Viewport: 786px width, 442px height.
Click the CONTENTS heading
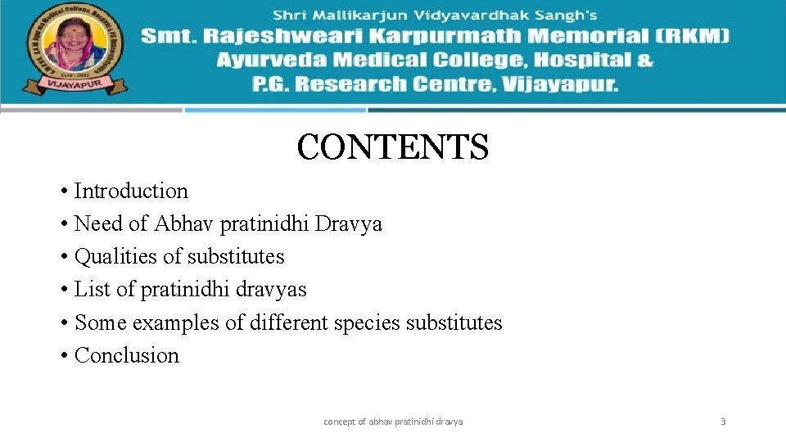(392, 148)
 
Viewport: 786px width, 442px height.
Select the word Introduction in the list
(131, 192)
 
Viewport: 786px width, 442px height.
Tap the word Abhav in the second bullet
(183, 224)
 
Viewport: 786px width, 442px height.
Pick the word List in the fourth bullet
(91, 290)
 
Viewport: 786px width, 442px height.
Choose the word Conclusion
(126, 356)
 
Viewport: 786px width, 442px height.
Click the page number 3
(723, 422)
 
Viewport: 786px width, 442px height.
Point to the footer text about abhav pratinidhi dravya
(393, 422)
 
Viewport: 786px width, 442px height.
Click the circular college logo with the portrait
(73, 46)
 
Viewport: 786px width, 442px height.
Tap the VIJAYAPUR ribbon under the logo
(75, 83)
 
